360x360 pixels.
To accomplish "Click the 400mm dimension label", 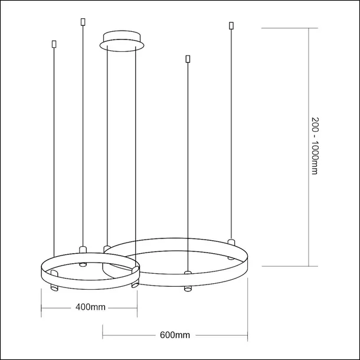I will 90,307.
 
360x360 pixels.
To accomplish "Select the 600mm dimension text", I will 175,335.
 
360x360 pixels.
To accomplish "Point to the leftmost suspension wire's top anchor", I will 54,44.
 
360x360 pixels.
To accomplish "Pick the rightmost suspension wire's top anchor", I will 230,26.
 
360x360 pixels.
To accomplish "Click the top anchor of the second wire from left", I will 82,22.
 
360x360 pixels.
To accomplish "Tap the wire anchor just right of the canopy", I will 188,58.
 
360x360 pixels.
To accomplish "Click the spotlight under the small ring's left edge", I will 53,288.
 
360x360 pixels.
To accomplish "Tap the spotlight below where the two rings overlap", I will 134,286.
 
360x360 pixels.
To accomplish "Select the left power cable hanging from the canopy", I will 106,148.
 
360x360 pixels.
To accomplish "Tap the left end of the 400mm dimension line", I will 41,307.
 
